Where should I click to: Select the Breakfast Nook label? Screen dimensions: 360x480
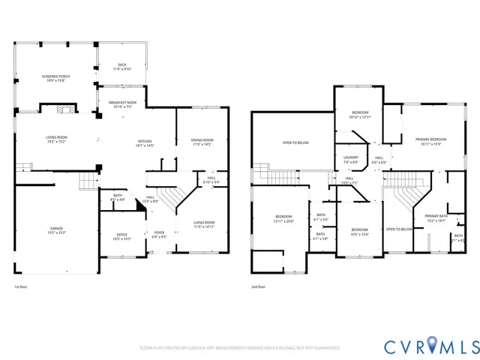(121, 104)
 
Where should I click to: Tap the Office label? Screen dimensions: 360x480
(121, 237)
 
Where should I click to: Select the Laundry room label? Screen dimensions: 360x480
(352, 160)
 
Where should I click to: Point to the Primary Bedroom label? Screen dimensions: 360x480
(431, 141)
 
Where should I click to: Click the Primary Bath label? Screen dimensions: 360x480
(436, 218)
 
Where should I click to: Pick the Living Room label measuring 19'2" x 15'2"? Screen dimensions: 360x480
(57, 139)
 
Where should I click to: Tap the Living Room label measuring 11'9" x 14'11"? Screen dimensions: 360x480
(204, 223)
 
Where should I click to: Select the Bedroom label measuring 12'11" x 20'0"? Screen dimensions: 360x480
(283, 219)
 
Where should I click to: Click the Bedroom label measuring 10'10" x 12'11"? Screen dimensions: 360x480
(360, 115)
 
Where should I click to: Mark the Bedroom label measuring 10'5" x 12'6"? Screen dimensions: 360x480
(360, 232)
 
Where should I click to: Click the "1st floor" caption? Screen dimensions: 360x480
(20, 286)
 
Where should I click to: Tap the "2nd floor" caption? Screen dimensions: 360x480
(258, 286)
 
